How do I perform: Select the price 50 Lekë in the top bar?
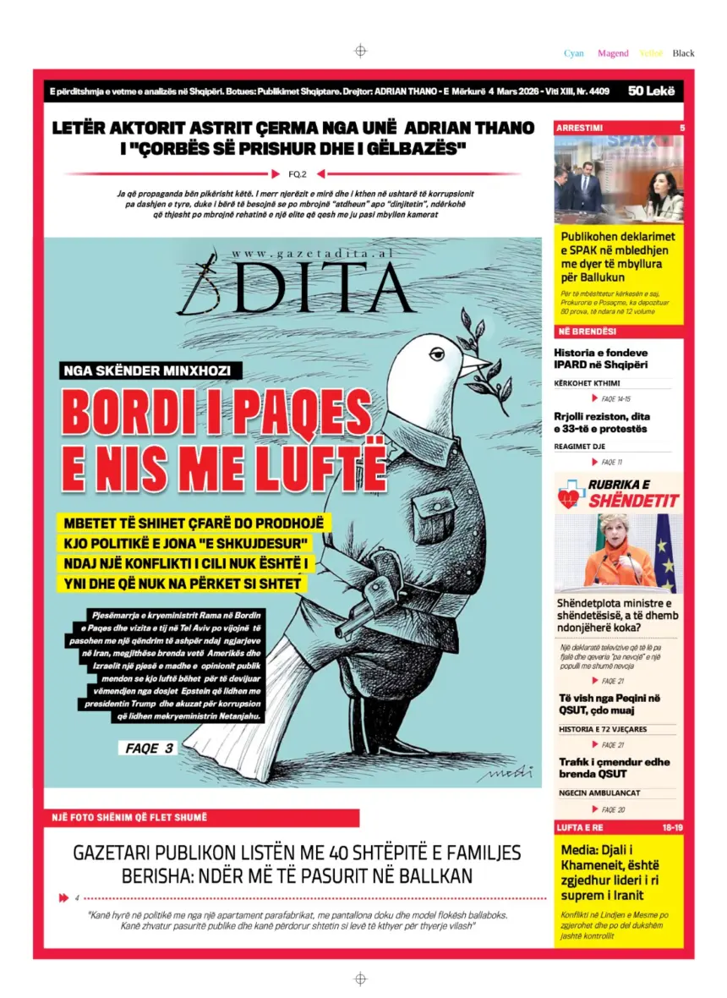tap(651, 90)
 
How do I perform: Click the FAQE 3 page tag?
tap(149, 748)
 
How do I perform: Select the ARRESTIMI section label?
tap(580, 128)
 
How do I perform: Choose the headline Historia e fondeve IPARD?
tap(600, 359)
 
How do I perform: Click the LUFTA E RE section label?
tap(580, 826)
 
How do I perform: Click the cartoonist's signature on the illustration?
tap(505, 772)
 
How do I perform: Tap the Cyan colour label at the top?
tap(574, 53)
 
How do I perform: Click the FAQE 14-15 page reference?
tap(615, 398)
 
